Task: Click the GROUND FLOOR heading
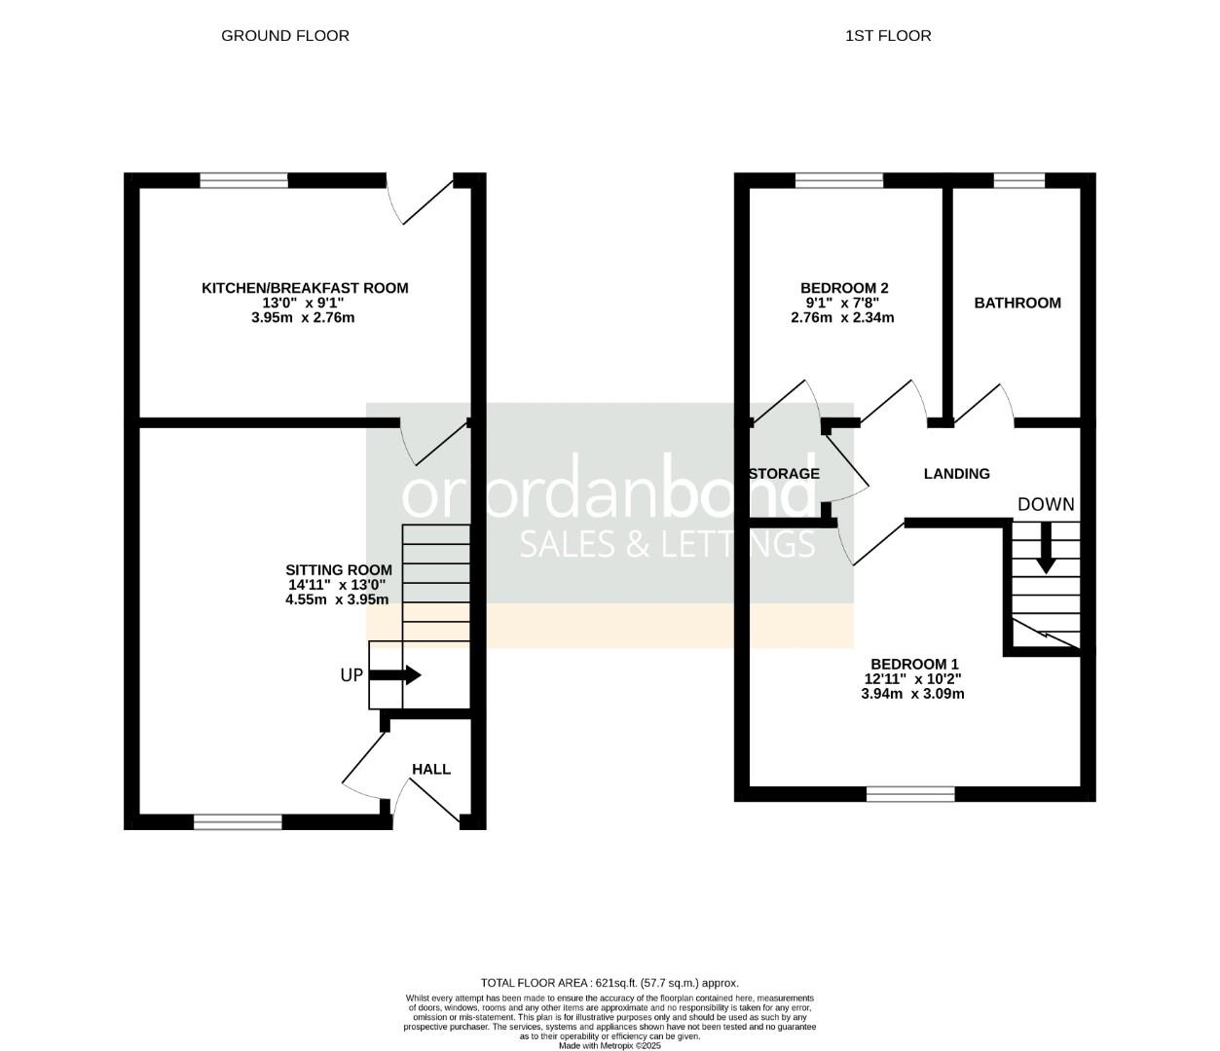(x=285, y=36)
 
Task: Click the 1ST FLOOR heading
(x=888, y=36)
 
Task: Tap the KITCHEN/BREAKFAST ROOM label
(x=305, y=288)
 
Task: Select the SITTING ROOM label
(x=339, y=570)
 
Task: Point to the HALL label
(x=431, y=769)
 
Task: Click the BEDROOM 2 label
(x=844, y=288)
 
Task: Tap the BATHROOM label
(x=1017, y=303)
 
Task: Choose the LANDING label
(x=956, y=474)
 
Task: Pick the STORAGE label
(x=785, y=474)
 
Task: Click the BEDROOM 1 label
(x=914, y=664)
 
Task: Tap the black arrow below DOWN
(x=1046, y=549)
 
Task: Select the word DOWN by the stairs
(x=1046, y=504)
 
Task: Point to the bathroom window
(x=1018, y=180)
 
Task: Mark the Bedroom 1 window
(x=910, y=794)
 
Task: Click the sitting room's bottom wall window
(x=238, y=822)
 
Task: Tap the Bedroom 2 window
(x=839, y=180)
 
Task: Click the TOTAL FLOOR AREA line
(x=610, y=983)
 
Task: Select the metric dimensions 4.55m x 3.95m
(x=337, y=599)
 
